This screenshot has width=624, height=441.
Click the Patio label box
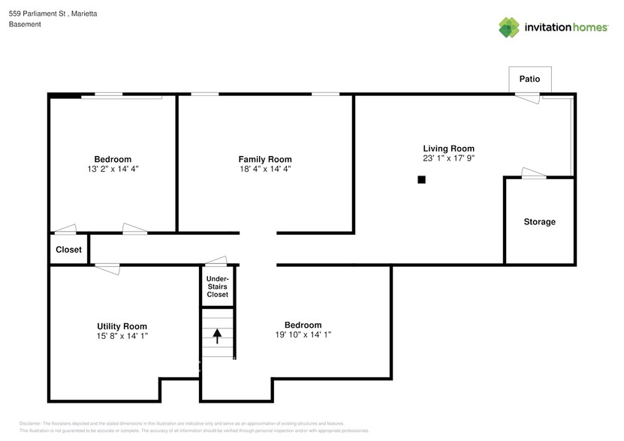tap(529, 79)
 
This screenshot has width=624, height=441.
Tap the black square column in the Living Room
tap(422, 179)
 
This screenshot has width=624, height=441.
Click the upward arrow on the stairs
tap(218, 335)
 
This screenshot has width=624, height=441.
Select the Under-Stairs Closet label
tap(218, 286)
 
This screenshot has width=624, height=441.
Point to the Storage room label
tap(539, 222)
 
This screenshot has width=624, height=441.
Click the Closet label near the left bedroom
tap(68, 250)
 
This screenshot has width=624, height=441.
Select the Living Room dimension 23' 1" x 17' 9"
tap(448, 159)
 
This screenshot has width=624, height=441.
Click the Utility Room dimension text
tap(122, 337)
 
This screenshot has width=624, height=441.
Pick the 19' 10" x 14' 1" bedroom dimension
tap(303, 335)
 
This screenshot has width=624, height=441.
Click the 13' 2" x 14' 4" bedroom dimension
tap(113, 169)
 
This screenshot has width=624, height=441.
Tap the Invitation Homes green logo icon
tap(509, 27)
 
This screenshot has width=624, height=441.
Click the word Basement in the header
tap(25, 24)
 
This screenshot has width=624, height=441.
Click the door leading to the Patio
tap(527, 96)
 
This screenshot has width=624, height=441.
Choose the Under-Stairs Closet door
tap(217, 262)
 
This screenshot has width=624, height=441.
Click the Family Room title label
tap(264, 159)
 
